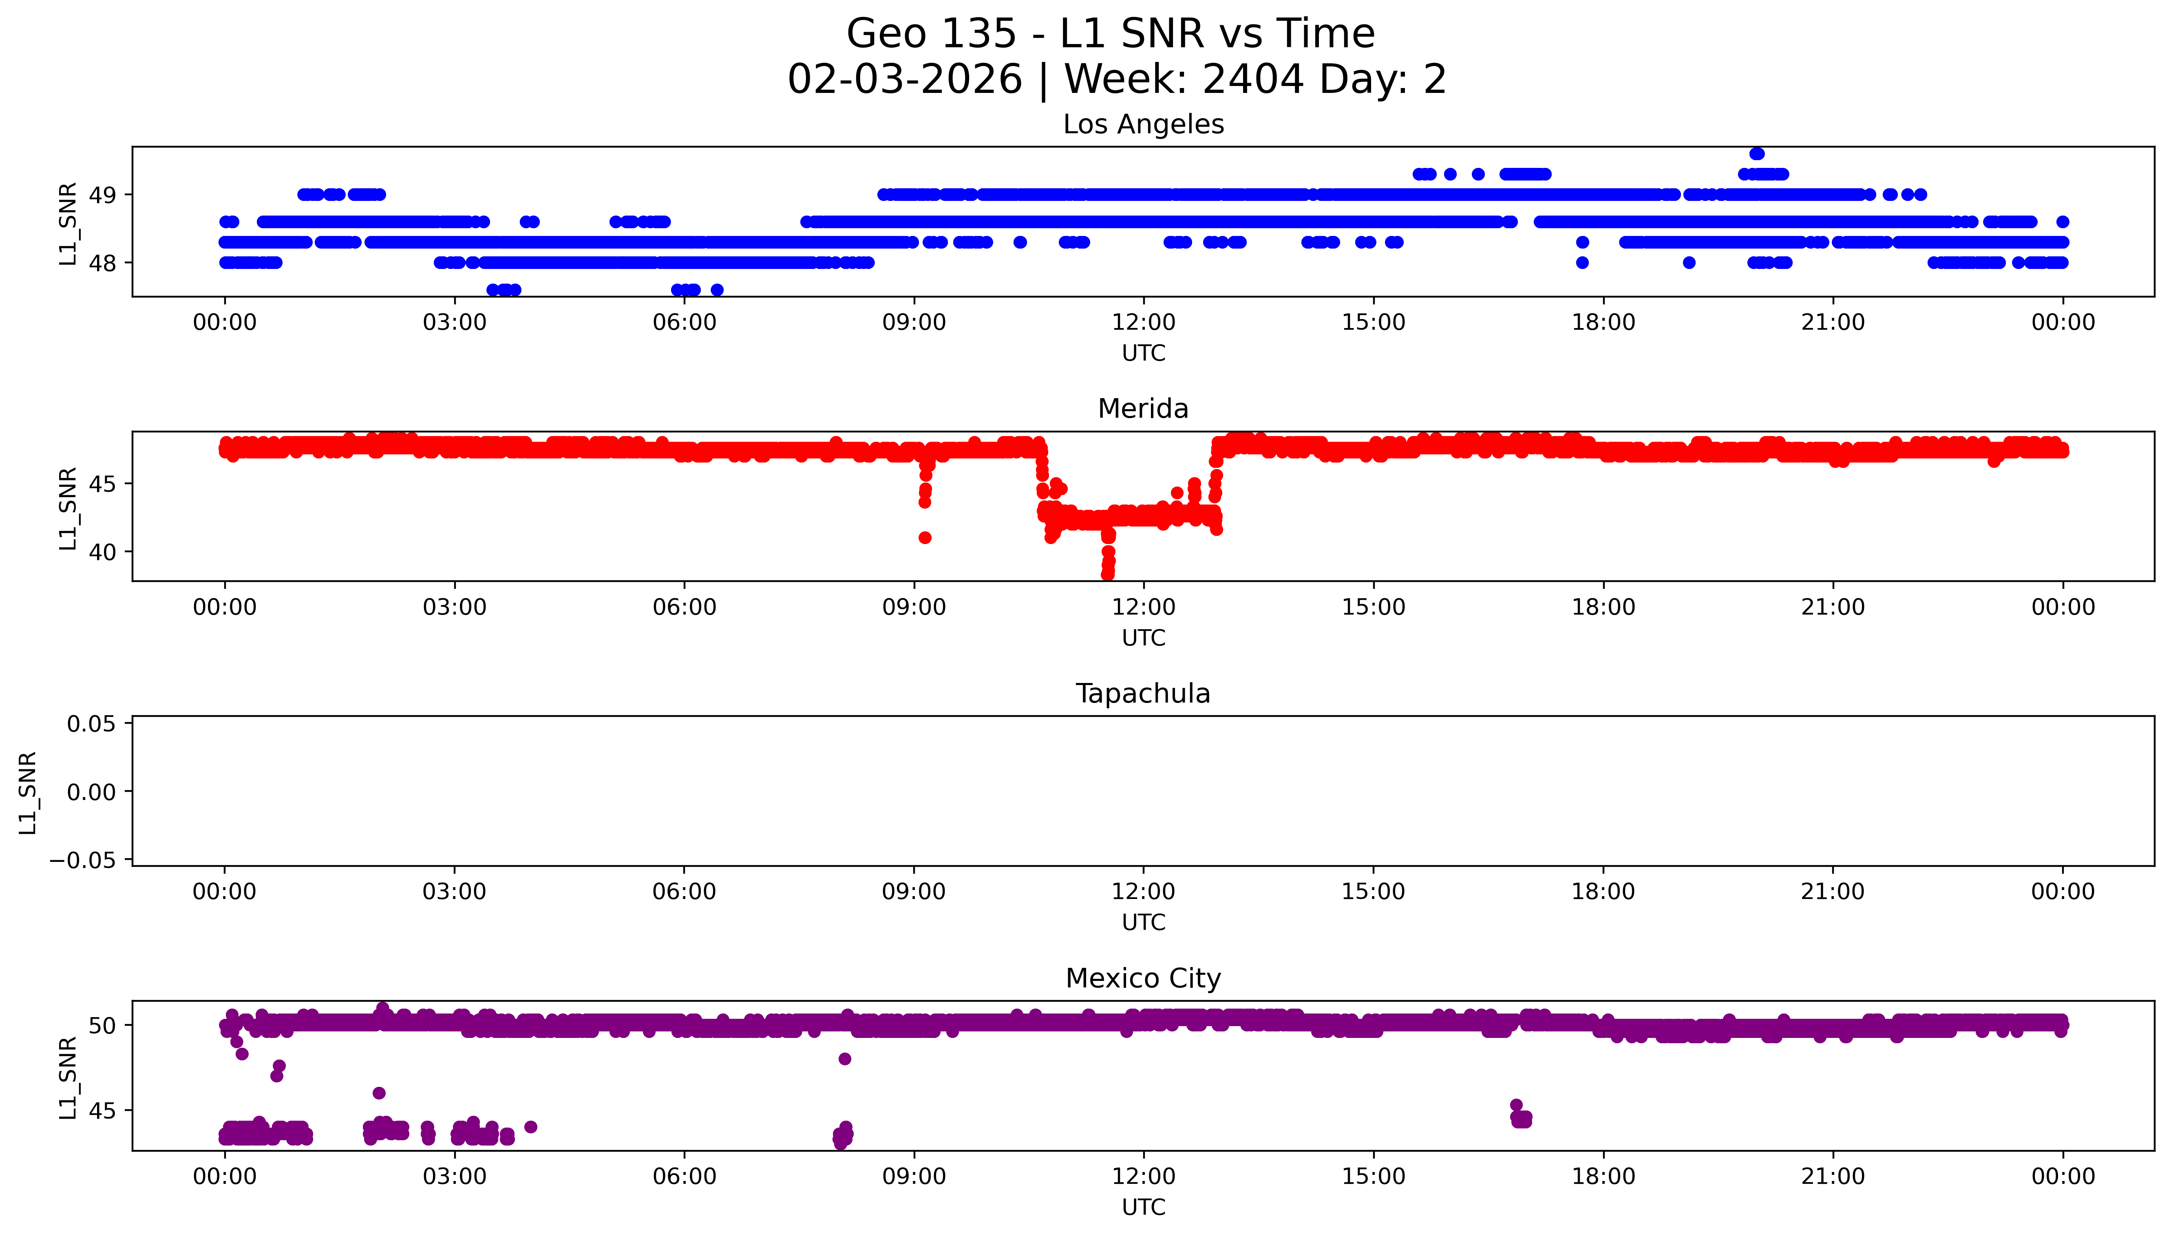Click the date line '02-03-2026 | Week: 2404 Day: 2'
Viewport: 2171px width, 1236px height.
click(x=1117, y=80)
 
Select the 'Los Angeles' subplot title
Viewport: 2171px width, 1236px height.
click(x=1143, y=125)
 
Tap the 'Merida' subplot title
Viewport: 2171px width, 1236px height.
click(x=1143, y=409)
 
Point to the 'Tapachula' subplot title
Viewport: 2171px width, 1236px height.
click(x=1143, y=694)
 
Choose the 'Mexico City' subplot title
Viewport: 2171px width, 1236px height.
click(x=1143, y=979)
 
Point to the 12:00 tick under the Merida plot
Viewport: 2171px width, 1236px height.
click(x=1144, y=608)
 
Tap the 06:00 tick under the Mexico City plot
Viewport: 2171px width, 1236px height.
click(x=685, y=1177)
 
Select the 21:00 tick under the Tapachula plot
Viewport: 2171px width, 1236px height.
click(x=1833, y=892)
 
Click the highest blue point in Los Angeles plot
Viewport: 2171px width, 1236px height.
click(x=1757, y=154)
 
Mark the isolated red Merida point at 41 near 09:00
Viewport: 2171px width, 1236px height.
click(x=925, y=538)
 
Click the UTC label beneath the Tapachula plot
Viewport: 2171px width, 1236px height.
click(x=1143, y=923)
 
